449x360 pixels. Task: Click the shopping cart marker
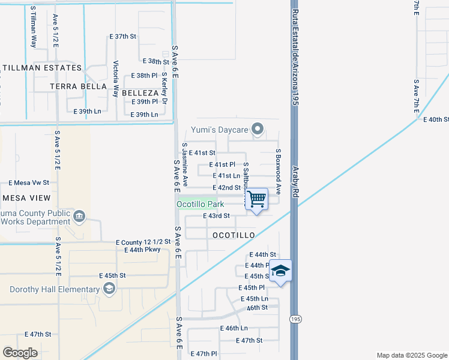click(257, 199)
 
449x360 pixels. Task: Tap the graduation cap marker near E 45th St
click(280, 271)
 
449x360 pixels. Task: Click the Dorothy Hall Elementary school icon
click(109, 290)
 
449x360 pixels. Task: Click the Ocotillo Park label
click(196, 204)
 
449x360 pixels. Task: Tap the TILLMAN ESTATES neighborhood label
click(41, 68)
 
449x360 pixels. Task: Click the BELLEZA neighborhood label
click(140, 94)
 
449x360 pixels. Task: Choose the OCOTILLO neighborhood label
click(234, 235)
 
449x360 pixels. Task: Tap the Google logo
click(20, 353)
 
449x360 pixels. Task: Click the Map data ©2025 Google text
click(411, 355)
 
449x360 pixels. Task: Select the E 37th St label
click(123, 37)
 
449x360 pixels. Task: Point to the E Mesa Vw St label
click(28, 182)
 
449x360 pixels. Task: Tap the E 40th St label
click(436, 120)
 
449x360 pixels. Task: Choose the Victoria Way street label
click(116, 75)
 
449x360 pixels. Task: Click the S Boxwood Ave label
click(279, 171)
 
